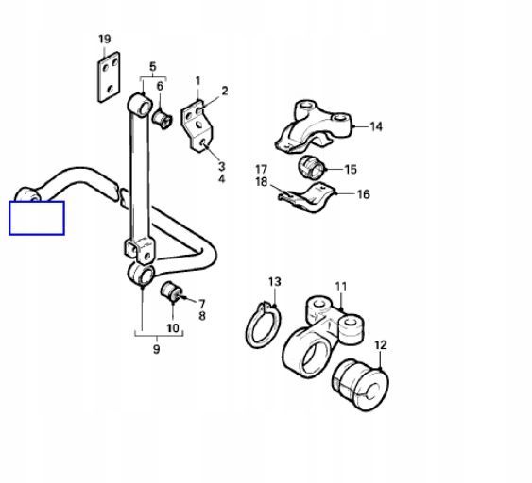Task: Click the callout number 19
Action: pyautogui.click(x=105, y=39)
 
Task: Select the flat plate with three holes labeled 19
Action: pyautogui.click(x=109, y=77)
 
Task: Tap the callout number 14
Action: pyautogui.click(x=376, y=126)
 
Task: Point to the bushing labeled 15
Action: pyautogui.click(x=311, y=167)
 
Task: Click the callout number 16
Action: pyautogui.click(x=363, y=194)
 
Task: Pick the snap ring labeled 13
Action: pyautogui.click(x=262, y=325)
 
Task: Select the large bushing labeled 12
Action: pyautogui.click(x=360, y=385)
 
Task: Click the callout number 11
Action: pyautogui.click(x=341, y=287)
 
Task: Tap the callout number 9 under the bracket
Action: pyautogui.click(x=156, y=349)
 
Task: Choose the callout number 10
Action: pyautogui.click(x=173, y=328)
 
